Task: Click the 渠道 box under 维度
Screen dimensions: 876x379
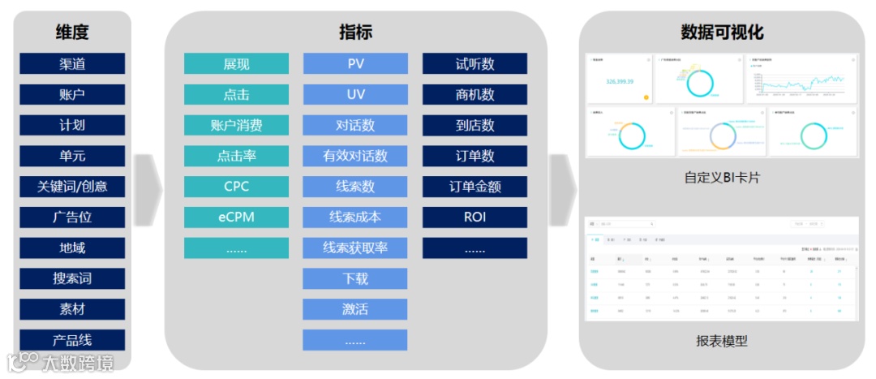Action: pyautogui.click(x=72, y=64)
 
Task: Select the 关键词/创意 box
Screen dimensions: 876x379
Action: pyautogui.click(x=72, y=187)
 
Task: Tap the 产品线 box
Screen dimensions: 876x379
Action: pyautogui.click(x=72, y=340)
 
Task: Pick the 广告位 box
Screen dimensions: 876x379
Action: pyautogui.click(x=72, y=217)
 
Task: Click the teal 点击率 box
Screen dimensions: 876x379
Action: pyautogui.click(x=236, y=156)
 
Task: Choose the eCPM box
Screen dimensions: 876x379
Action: pyautogui.click(x=236, y=217)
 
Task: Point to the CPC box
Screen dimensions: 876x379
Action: pyautogui.click(x=236, y=187)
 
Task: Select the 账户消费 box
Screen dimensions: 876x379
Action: pyautogui.click(x=236, y=126)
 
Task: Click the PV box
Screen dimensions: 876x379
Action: pyautogui.click(x=355, y=64)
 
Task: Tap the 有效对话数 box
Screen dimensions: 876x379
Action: pyautogui.click(x=355, y=156)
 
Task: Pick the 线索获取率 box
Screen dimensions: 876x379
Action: pyautogui.click(x=355, y=248)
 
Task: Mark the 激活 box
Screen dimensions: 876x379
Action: pyautogui.click(x=355, y=309)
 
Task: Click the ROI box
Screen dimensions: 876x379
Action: pyautogui.click(x=474, y=217)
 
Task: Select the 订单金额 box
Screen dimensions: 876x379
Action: pyautogui.click(x=474, y=187)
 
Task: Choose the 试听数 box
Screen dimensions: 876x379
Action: pyautogui.click(x=474, y=64)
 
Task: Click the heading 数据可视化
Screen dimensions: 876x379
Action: pyautogui.click(x=722, y=32)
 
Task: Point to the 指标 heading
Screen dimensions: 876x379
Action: pyautogui.click(x=355, y=32)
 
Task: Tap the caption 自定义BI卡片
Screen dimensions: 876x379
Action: pyautogui.click(x=722, y=176)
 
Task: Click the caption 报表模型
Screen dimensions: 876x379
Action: pyautogui.click(x=722, y=341)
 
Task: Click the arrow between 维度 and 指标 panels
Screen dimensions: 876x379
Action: pyautogui.click(x=148, y=190)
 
